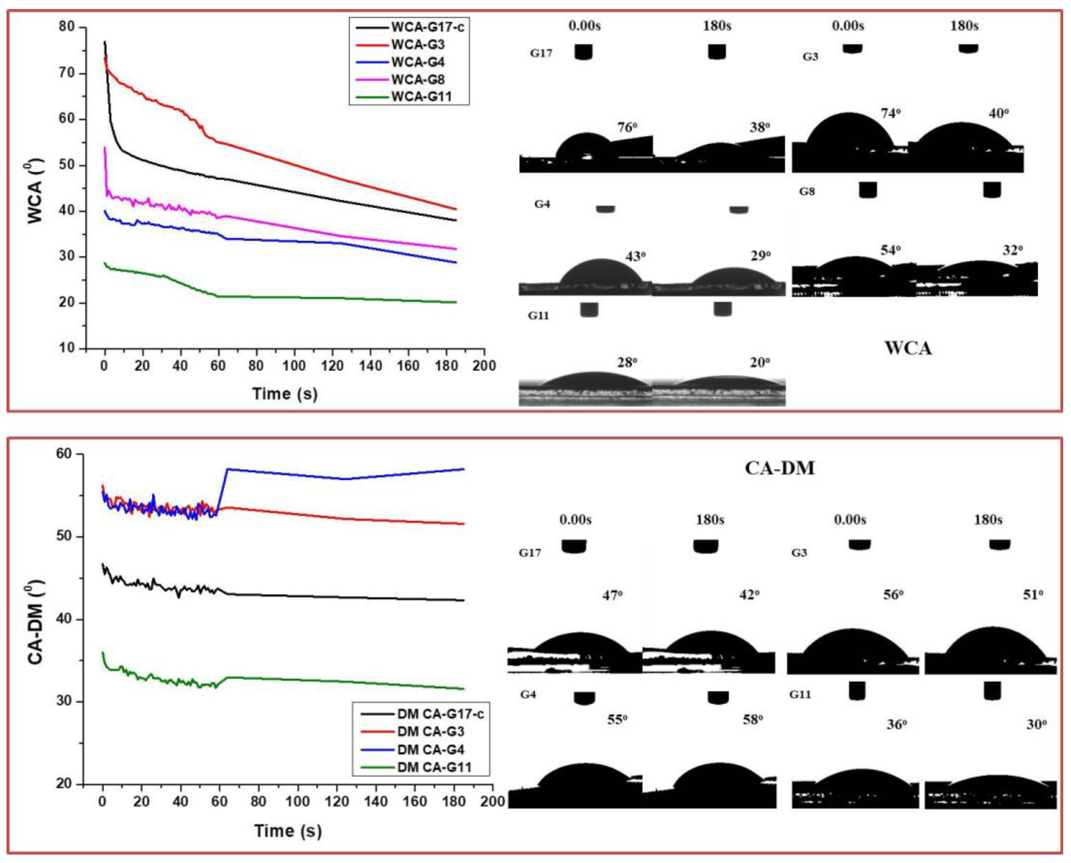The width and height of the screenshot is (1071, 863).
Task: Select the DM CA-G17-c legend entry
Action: click(440, 714)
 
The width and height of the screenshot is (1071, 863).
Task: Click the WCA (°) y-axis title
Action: click(35, 191)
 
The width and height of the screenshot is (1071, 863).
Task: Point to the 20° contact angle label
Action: click(760, 362)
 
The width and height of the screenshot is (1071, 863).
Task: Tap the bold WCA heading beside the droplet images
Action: click(908, 348)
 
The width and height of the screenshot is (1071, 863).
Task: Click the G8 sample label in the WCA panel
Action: click(807, 191)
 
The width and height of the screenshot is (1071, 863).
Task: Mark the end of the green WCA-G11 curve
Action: click(456, 302)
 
